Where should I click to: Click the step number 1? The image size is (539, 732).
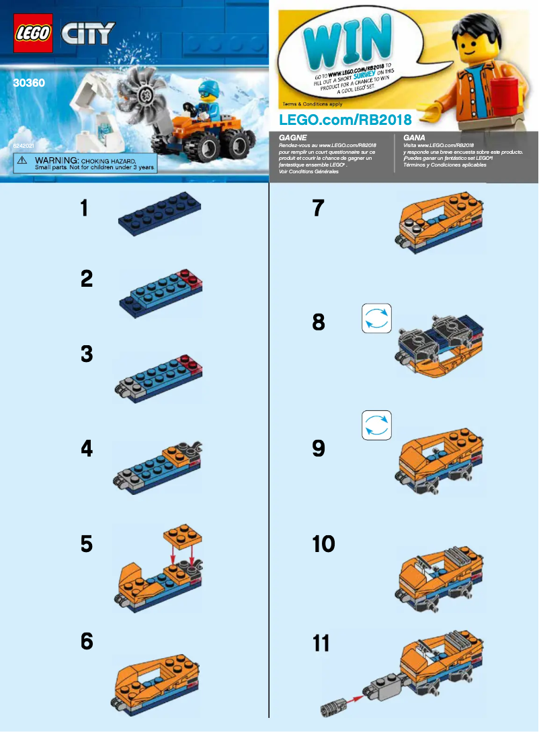(x=84, y=208)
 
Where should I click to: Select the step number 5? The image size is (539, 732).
(x=86, y=544)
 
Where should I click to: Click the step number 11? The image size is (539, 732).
(x=321, y=643)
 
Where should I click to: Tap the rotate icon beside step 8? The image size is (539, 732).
(x=376, y=320)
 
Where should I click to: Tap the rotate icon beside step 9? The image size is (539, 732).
(x=376, y=425)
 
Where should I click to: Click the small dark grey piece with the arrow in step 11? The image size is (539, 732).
(x=335, y=706)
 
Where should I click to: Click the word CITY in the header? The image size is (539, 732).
(x=87, y=33)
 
